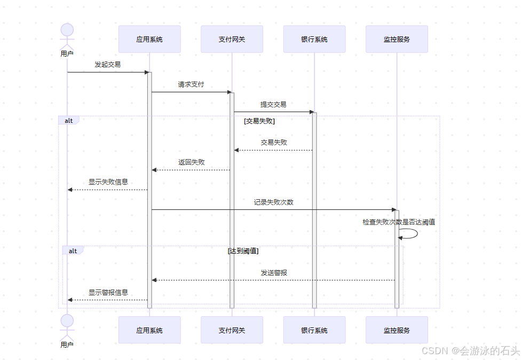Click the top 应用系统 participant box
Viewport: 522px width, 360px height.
(x=149, y=39)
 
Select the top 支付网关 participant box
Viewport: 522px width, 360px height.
(x=232, y=39)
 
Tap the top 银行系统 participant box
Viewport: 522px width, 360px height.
(x=314, y=39)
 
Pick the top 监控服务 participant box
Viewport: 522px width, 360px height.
(x=397, y=39)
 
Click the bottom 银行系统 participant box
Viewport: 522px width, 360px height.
(x=314, y=330)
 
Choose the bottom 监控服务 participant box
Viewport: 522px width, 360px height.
(x=397, y=330)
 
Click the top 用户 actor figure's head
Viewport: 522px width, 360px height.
(x=67, y=29)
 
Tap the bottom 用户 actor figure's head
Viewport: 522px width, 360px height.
(x=67, y=320)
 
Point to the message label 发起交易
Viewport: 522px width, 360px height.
(x=107, y=65)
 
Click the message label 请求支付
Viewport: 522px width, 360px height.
(x=191, y=84)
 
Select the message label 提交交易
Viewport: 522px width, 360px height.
(x=273, y=105)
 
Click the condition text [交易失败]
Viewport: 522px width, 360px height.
(x=259, y=121)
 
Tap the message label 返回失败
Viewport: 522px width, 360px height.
(x=191, y=162)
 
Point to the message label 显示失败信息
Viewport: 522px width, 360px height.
(x=108, y=182)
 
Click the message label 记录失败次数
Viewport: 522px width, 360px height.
(x=273, y=202)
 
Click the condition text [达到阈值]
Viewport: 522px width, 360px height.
(x=243, y=251)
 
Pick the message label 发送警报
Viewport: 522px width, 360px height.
(x=274, y=273)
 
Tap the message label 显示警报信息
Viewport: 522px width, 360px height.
(x=108, y=293)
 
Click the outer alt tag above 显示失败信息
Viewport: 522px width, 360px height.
(x=69, y=121)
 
